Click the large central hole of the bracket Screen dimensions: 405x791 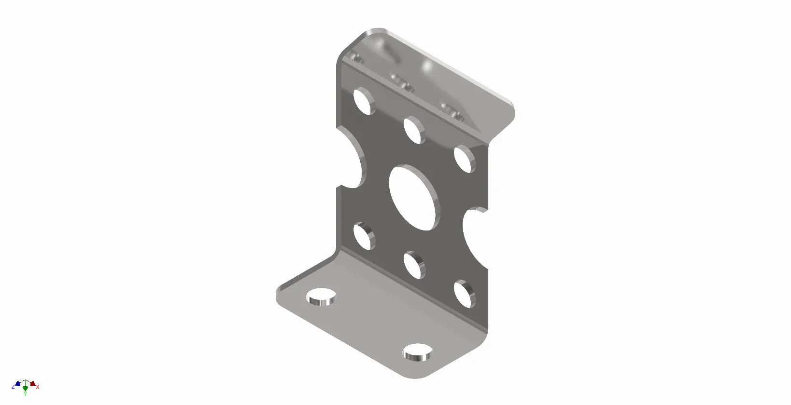[414, 198]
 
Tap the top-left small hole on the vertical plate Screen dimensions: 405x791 [364, 101]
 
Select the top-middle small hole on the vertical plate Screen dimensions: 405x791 [414, 130]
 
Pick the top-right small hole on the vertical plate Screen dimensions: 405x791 [464, 159]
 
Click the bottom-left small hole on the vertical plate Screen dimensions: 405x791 [364, 235]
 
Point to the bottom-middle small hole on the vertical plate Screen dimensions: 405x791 [414, 265]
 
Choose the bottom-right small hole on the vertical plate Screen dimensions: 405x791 [464, 294]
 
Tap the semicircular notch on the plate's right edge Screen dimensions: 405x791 [476, 237]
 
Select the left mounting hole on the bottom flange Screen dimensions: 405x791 [321, 297]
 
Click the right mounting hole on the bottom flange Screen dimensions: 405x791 [417, 352]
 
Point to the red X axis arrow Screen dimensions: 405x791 [32, 384]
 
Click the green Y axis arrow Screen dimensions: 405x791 [25, 388]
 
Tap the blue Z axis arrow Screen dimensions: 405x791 [18, 384]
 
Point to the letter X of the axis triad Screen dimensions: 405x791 [38, 387]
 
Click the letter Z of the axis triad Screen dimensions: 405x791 [13, 387]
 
